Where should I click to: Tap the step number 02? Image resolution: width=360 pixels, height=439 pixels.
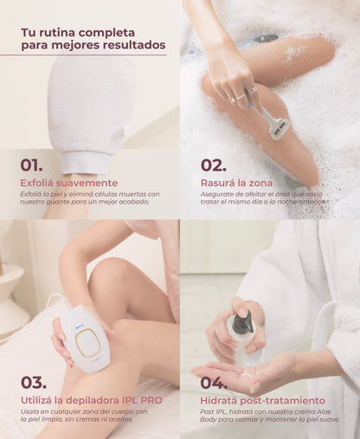[214, 165]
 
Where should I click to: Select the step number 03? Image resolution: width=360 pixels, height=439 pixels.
[35, 382]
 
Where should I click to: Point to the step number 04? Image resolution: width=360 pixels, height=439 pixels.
[215, 382]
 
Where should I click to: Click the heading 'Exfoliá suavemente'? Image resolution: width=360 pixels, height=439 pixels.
[69, 183]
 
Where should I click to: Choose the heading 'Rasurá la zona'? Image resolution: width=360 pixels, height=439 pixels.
[236, 183]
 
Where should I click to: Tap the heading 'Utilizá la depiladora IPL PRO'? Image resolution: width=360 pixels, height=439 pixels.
[91, 401]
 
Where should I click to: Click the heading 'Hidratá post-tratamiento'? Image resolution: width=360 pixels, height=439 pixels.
[263, 401]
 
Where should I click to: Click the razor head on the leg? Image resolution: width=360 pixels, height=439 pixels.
[279, 127]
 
